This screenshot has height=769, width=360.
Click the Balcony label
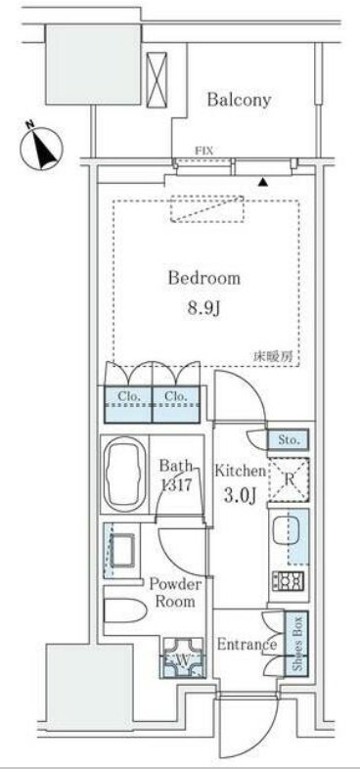[239, 100]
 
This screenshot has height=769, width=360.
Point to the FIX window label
[204, 152]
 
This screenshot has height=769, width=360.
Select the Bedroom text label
[204, 279]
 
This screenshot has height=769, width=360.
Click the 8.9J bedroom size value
[204, 309]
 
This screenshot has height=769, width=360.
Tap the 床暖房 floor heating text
[276, 357]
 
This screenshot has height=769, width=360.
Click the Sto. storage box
[289, 440]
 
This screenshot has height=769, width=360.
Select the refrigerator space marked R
[290, 480]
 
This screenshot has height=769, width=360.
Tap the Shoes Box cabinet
[296, 642]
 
